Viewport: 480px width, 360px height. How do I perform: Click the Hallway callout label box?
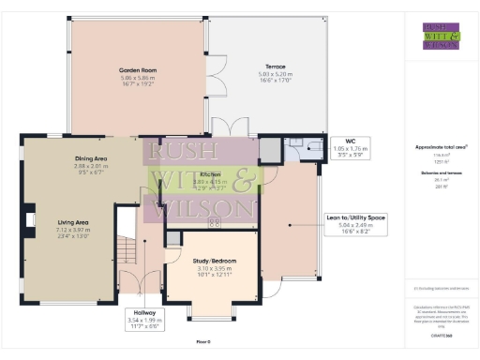click(x=143, y=320)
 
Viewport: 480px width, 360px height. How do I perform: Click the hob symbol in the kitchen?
click(x=213, y=222)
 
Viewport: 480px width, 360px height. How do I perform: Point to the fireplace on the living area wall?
click(x=31, y=220)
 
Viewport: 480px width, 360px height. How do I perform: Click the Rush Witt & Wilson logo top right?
click(x=440, y=37)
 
